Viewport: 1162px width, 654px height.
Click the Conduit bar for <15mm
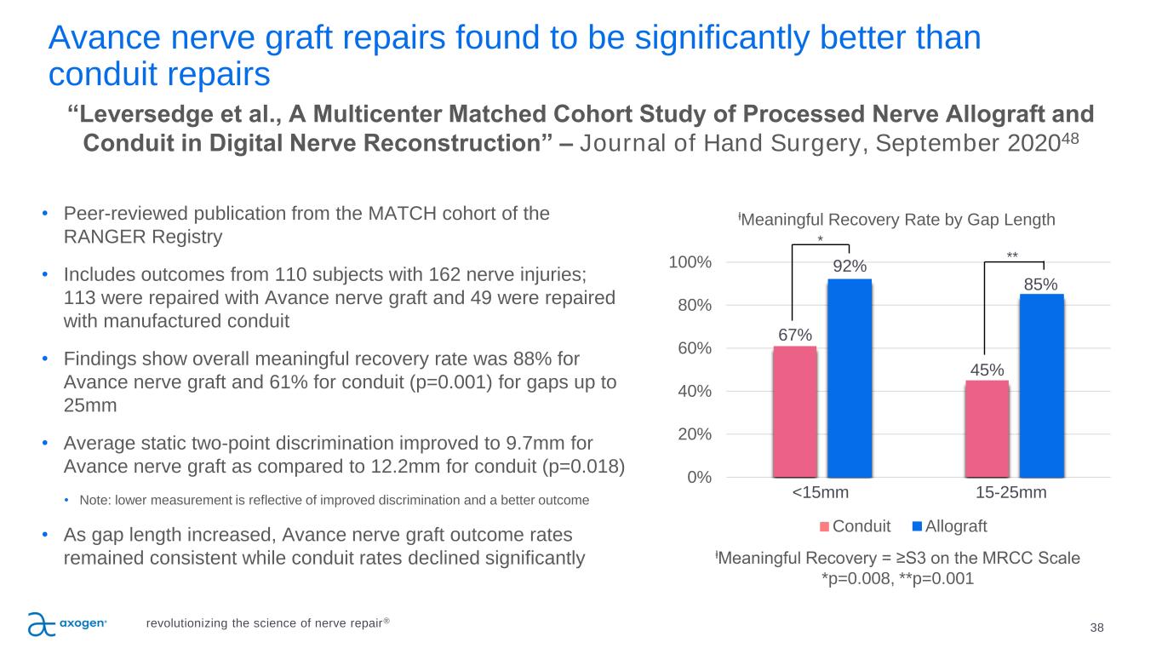[x=795, y=412]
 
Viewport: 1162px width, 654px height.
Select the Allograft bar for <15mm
[x=850, y=378]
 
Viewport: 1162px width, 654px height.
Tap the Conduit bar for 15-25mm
[x=987, y=428]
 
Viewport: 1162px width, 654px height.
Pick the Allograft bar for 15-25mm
[x=1041, y=386]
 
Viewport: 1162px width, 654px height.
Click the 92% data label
[x=850, y=267]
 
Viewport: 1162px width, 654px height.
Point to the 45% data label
[x=987, y=370]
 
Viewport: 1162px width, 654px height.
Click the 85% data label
[x=1041, y=283]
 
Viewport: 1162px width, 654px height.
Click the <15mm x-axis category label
[x=821, y=493]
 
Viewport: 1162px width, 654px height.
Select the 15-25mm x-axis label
[x=1011, y=493]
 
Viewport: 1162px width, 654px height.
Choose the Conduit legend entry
[x=855, y=526]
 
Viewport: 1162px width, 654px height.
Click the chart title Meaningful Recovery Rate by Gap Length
[x=896, y=220]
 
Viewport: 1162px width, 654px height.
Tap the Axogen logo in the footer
[x=67, y=624]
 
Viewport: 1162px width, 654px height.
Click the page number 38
[x=1096, y=628]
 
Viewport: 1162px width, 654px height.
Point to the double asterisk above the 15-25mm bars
[x=1012, y=255]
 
